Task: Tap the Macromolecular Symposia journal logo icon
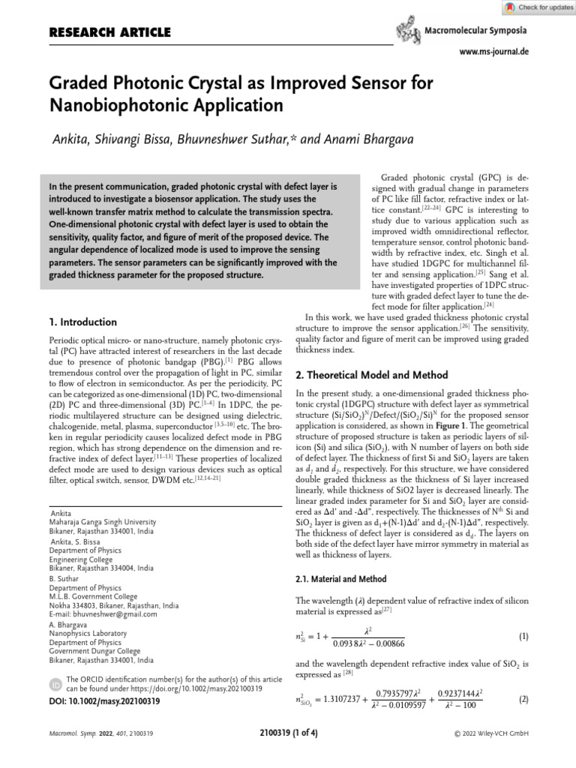pyautogui.click(x=407, y=31)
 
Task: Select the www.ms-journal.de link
pyautogui.click(x=493, y=52)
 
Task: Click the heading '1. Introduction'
pyautogui.click(x=82, y=322)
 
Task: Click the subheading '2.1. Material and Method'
pyautogui.click(x=341, y=579)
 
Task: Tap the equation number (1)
pyautogui.click(x=523, y=636)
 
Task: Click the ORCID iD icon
pyautogui.click(x=55, y=684)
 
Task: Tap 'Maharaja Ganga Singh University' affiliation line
pyautogui.click(x=102, y=521)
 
